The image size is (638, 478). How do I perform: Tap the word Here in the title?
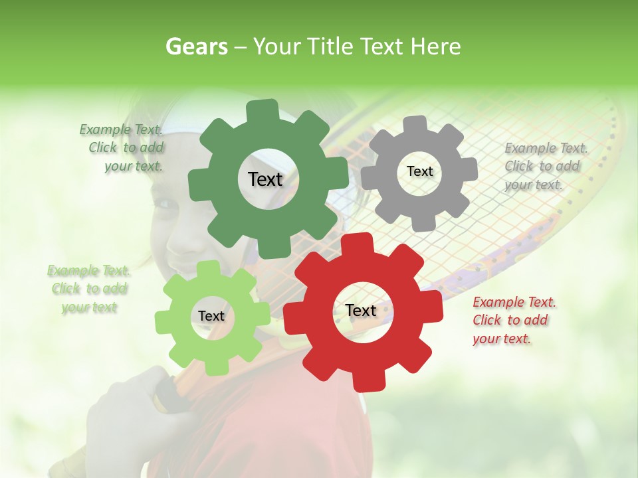[x=435, y=46]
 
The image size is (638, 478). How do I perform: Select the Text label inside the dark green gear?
[x=265, y=179]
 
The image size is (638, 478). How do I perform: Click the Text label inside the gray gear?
[x=419, y=171]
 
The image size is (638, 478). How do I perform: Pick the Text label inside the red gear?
[x=361, y=310]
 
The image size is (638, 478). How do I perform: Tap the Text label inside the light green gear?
[x=211, y=316]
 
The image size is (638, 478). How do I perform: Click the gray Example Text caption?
[x=545, y=166]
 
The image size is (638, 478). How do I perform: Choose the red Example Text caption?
[x=513, y=320]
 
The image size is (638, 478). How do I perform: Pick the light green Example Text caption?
[x=88, y=289]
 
